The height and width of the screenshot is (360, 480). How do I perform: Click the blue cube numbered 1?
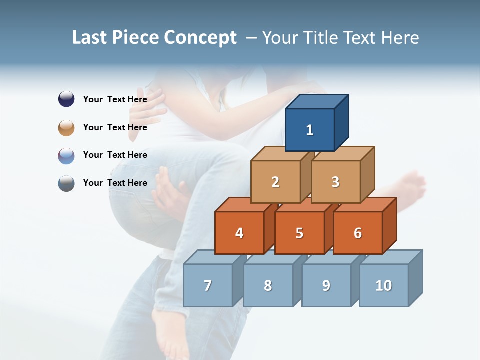click(x=310, y=130)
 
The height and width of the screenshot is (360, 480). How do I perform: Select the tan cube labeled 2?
click(x=275, y=182)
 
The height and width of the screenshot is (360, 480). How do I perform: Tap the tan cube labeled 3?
click(x=335, y=182)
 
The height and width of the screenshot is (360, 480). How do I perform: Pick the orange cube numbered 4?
click(x=239, y=233)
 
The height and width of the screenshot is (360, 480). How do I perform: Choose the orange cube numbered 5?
click(x=299, y=233)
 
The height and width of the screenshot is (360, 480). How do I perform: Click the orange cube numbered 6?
click(x=357, y=233)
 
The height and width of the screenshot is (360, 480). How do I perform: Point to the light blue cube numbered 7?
click(x=208, y=285)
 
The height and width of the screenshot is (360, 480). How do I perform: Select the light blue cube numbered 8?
click(x=268, y=285)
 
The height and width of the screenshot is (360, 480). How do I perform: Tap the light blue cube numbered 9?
click(x=326, y=285)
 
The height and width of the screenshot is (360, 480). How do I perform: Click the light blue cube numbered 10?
click(x=383, y=285)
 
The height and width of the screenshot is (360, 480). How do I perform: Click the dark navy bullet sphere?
click(x=66, y=99)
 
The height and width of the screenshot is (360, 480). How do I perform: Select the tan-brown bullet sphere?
click(x=66, y=127)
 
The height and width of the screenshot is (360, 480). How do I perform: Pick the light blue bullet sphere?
click(x=66, y=155)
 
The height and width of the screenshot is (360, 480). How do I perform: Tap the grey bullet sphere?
click(x=66, y=183)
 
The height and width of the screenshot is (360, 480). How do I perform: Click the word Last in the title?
click(x=90, y=37)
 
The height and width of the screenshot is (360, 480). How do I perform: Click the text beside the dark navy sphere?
click(x=115, y=99)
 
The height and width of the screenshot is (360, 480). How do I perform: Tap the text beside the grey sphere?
click(x=115, y=183)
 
